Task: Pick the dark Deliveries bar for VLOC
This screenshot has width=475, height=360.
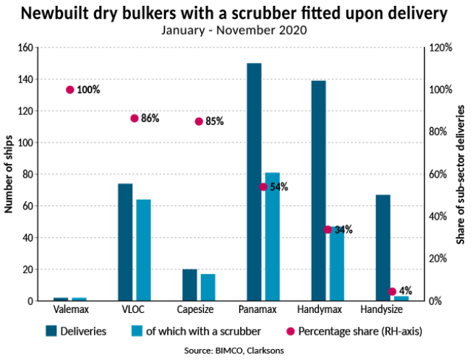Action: (125, 242)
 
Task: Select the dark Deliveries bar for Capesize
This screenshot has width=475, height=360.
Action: (189, 285)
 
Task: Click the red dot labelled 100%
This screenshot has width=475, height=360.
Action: (70, 90)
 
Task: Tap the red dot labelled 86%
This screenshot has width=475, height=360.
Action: (134, 118)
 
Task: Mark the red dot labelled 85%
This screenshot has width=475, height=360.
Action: (199, 121)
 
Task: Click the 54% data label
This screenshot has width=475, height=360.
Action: (279, 187)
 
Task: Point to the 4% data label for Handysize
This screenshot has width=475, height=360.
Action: (406, 291)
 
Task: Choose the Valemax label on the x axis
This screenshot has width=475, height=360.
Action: (71, 309)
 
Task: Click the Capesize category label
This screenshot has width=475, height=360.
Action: (199, 309)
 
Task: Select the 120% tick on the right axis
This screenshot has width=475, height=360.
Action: (441, 48)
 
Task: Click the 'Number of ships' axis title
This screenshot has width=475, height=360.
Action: (9, 173)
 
